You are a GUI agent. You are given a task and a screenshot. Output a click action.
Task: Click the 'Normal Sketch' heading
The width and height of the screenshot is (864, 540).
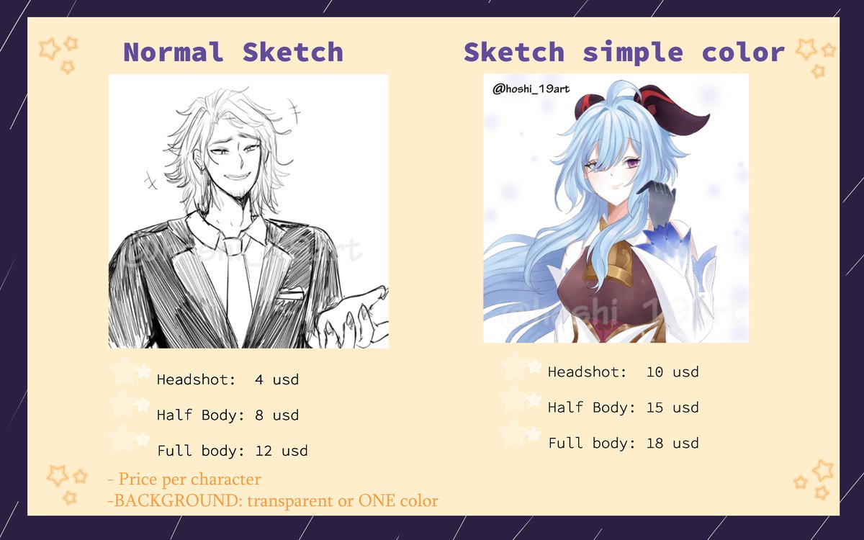[233, 53]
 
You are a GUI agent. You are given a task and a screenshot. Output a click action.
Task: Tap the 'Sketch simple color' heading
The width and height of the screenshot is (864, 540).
[624, 53]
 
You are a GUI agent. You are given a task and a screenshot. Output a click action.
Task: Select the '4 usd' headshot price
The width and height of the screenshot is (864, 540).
[276, 379]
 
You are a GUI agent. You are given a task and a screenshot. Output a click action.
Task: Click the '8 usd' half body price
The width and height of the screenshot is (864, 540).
[276, 415]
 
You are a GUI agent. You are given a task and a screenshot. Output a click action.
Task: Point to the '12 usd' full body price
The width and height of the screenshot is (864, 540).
[282, 451]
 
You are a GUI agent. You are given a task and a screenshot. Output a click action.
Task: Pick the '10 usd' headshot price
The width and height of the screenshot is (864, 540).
[672, 372]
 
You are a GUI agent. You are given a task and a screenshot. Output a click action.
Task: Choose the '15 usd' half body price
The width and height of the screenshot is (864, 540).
[672, 408]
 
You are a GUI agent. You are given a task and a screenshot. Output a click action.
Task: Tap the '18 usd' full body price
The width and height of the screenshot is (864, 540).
[672, 443]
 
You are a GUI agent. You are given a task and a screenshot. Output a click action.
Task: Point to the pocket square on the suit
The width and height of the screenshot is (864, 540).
[291, 294]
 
